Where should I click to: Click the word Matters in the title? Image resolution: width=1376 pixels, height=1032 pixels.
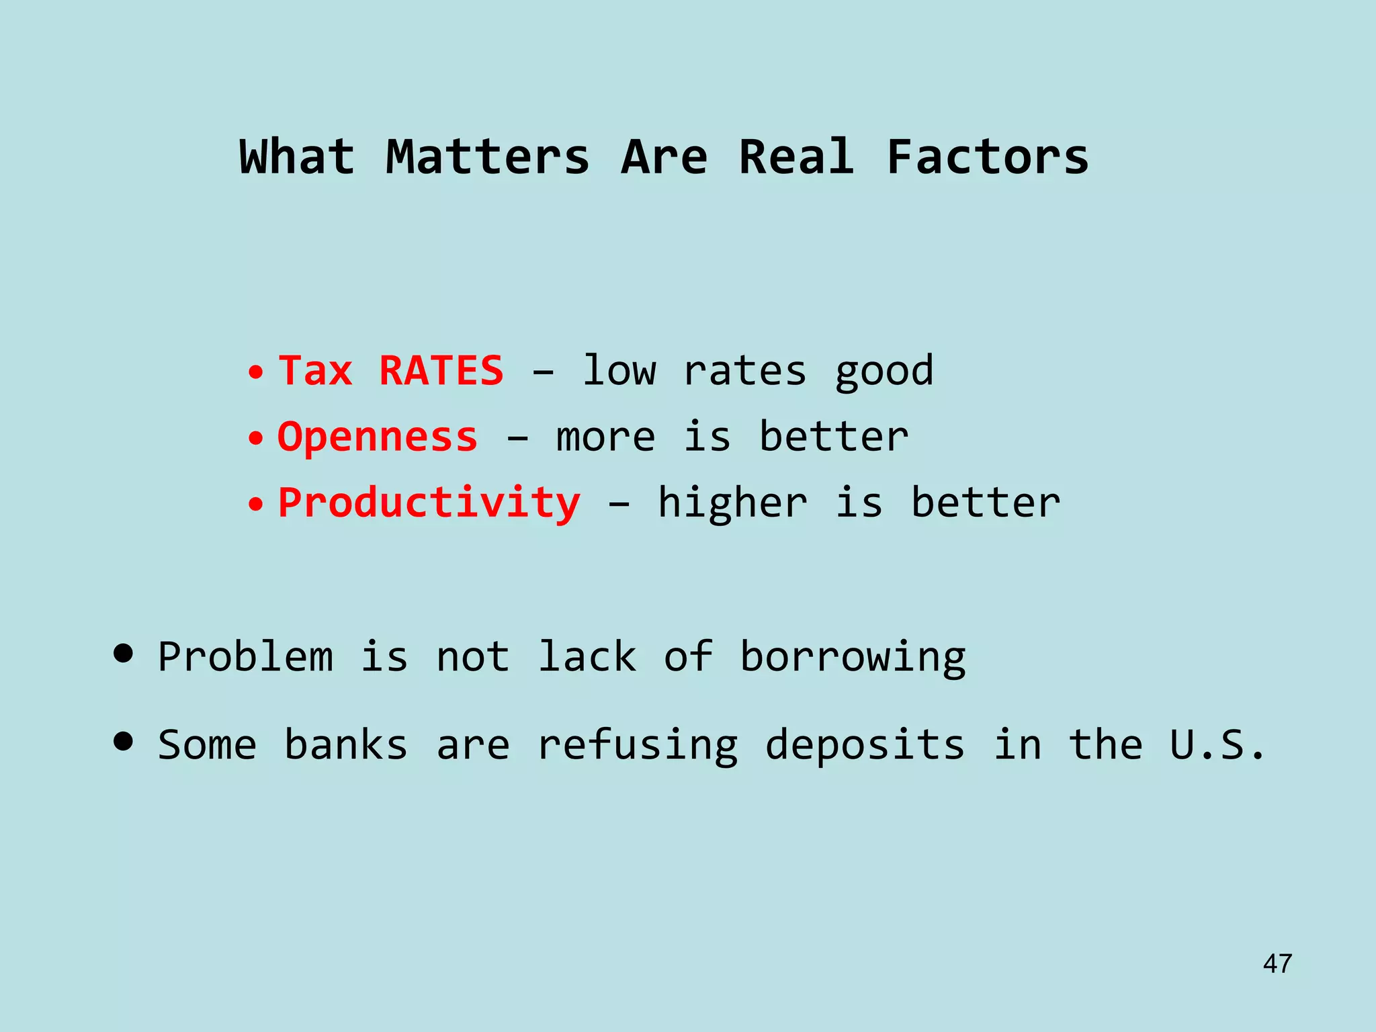click(x=487, y=157)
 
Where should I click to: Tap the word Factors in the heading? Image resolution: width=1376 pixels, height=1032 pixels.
click(x=987, y=157)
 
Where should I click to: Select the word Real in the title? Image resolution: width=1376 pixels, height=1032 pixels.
click(x=796, y=157)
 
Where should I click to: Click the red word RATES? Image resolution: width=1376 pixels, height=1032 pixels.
click(x=441, y=371)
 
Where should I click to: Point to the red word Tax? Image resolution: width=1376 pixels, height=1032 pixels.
click(x=315, y=371)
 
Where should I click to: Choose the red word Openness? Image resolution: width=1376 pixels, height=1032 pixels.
click(x=378, y=437)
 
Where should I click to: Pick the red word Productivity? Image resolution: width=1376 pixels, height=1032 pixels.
click(x=429, y=503)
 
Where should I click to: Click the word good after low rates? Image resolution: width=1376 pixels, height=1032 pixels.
click(x=884, y=372)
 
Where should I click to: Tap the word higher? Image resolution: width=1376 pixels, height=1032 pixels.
click(x=732, y=503)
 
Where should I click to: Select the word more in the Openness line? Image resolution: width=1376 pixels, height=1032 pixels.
click(x=605, y=437)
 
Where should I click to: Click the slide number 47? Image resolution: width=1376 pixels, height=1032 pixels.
click(x=1277, y=963)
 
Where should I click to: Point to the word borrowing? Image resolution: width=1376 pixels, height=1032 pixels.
click(x=853, y=658)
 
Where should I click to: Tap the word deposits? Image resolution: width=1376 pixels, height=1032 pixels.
click(x=865, y=746)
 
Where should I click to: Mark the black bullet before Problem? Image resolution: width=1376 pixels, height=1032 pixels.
click(x=123, y=654)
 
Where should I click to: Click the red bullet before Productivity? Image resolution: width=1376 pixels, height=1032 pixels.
click(x=255, y=505)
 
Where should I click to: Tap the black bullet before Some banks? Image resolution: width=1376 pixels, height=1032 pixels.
click(x=123, y=742)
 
